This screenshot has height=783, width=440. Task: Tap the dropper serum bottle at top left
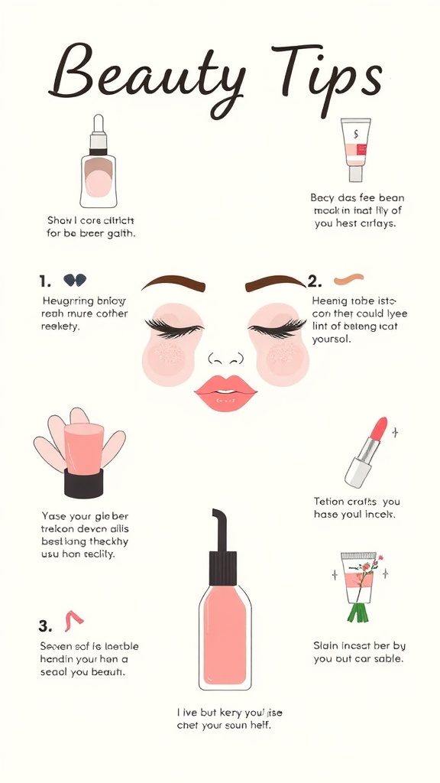point(99,164)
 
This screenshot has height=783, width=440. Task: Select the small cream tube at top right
point(355,149)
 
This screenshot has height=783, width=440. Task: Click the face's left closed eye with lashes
point(175,328)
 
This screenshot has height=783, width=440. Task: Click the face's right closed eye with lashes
point(277,328)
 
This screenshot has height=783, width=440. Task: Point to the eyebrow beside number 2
point(275,283)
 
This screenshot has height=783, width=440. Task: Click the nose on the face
point(225,358)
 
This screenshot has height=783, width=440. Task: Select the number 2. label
point(314,281)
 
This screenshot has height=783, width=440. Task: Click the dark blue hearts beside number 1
point(74,280)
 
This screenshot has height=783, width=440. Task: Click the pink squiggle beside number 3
point(74,620)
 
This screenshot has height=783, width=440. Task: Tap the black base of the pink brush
point(83,483)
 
